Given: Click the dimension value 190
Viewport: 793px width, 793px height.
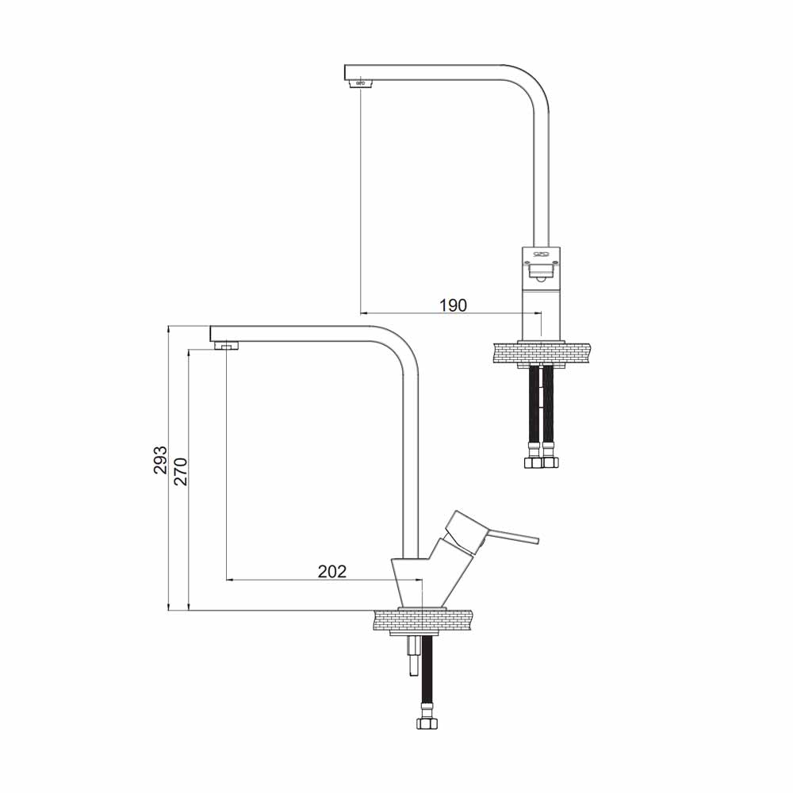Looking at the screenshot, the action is [453, 305].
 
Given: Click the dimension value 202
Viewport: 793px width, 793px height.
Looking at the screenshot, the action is [332, 571].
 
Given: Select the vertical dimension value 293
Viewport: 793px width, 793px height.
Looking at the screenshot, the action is [160, 460].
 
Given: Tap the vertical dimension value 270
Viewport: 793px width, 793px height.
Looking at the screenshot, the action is [181, 471].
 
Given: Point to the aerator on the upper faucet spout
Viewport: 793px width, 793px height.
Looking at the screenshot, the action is [361, 83].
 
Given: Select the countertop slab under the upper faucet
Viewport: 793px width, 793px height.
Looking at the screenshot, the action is [541, 354].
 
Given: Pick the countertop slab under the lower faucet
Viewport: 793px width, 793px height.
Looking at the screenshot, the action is [422, 620].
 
